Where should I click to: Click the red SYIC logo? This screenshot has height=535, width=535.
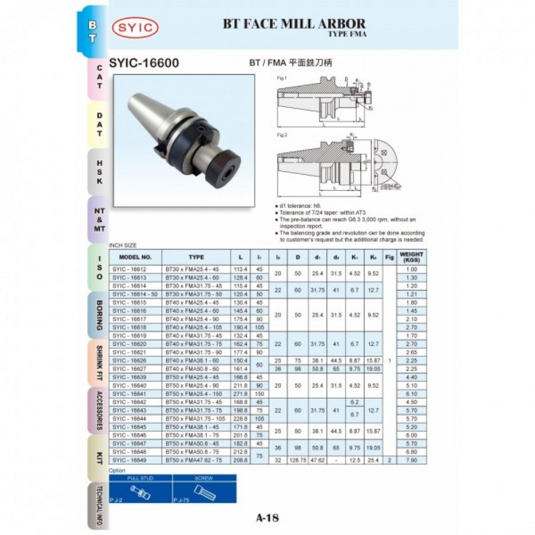135,27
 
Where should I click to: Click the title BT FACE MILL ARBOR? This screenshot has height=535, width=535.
294,24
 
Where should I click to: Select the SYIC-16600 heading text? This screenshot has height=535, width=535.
144,63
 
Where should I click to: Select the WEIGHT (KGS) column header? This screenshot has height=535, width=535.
411,257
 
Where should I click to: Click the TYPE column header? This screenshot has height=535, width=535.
196,257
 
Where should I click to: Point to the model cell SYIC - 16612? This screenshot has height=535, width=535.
129,270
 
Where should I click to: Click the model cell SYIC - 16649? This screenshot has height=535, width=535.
129,460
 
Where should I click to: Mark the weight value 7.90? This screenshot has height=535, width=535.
411,460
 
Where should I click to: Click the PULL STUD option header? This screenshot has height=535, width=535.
140,478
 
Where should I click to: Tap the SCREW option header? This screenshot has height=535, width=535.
204,478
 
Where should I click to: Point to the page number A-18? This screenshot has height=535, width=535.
267,517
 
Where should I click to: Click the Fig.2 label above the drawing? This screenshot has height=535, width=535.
282,135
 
